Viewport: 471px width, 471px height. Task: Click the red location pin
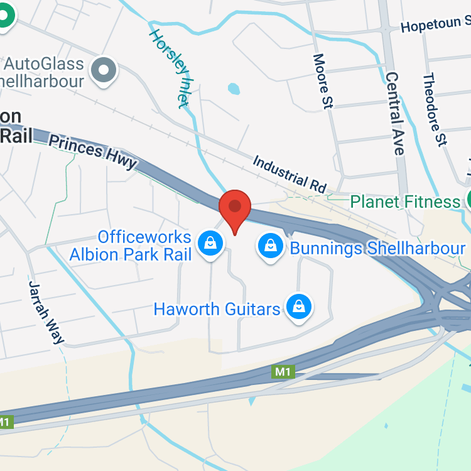pos(235,207)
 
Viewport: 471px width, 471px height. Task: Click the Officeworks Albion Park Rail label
pos(144,246)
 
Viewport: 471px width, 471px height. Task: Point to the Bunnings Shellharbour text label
pos(377,248)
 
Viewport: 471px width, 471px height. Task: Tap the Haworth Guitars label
pos(217,309)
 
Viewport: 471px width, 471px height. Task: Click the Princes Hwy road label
pos(93,151)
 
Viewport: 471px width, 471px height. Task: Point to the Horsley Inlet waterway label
pos(169,68)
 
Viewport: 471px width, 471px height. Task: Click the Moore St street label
pos(322,82)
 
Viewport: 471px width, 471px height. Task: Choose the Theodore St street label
pos(434,110)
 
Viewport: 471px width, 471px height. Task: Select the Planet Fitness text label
pos(405,202)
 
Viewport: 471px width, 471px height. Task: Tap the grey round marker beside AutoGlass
pos(104,69)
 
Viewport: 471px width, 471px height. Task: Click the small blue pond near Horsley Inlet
pos(234,89)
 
